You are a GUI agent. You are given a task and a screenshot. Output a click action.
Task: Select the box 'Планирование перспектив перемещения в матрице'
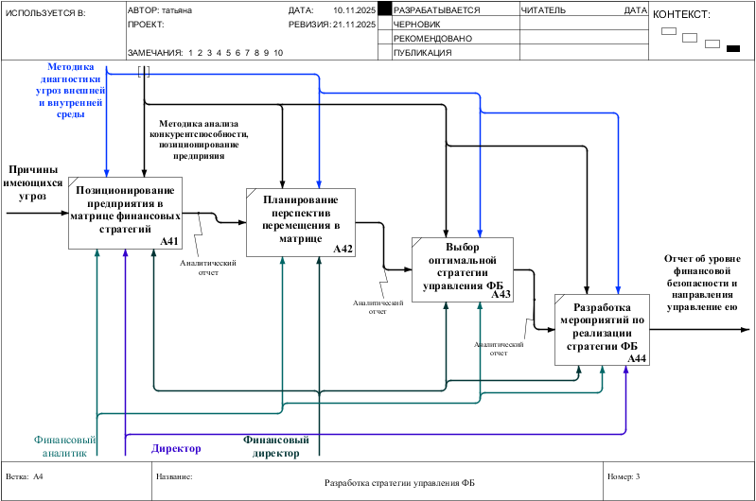[x=300, y=221]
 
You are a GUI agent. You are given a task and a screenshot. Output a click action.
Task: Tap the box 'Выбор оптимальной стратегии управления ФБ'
[x=463, y=269]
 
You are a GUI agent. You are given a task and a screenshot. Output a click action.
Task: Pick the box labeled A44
[x=602, y=330]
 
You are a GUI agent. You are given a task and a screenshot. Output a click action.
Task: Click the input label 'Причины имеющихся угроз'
[x=34, y=182]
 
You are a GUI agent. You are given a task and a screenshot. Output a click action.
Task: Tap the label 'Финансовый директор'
[x=276, y=446]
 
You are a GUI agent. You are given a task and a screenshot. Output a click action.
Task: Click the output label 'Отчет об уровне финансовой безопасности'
[x=701, y=282]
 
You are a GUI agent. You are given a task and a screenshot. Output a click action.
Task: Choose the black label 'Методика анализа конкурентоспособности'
[x=199, y=139]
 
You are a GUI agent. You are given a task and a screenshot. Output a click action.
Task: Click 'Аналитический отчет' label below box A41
[x=207, y=268]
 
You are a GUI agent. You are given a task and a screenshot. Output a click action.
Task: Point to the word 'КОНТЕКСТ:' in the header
[x=681, y=14]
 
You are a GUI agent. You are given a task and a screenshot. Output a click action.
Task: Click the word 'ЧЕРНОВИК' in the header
[x=418, y=25]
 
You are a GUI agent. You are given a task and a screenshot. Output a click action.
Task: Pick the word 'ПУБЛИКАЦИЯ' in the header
[x=423, y=53]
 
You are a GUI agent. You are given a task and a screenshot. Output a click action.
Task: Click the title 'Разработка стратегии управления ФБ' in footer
[x=400, y=483]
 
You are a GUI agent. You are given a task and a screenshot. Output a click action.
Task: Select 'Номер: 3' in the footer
[x=624, y=476]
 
